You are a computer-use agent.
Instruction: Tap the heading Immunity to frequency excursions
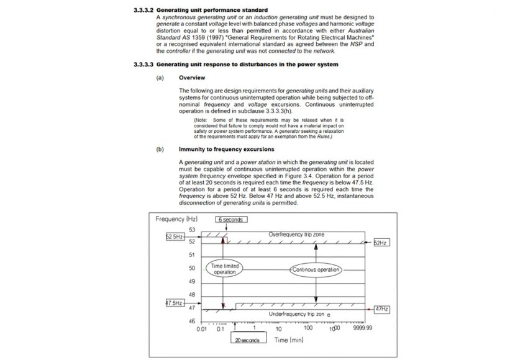coord(221,150)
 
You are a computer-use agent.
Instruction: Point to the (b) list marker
coord(160,150)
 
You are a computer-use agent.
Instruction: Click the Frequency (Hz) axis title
coord(176,220)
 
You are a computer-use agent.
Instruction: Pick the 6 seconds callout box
coord(232,220)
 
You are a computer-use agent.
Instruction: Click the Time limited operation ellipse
coord(225,269)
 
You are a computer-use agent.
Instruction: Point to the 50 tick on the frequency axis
coord(192,268)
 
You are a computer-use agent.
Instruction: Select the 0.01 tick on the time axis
coord(202,328)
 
